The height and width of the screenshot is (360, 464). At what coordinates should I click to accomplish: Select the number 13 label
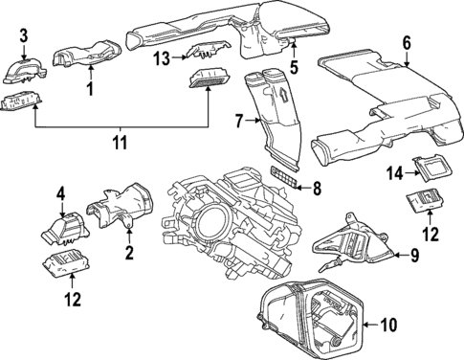(160, 58)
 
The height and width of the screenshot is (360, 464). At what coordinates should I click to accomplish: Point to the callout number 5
(295, 67)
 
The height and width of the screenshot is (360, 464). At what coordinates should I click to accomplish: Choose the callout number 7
(241, 122)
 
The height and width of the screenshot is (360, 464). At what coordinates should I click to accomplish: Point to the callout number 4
(60, 194)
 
